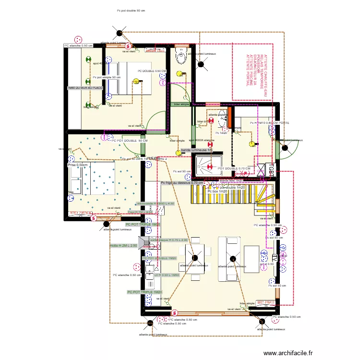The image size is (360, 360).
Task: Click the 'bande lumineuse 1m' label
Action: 197,150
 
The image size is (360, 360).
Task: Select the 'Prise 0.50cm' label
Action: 78,165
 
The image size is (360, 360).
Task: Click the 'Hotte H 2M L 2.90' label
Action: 123,245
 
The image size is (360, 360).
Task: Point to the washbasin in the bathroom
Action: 221,115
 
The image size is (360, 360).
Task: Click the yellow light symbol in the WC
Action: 180,74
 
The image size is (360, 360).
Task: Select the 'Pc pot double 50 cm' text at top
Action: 131,10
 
